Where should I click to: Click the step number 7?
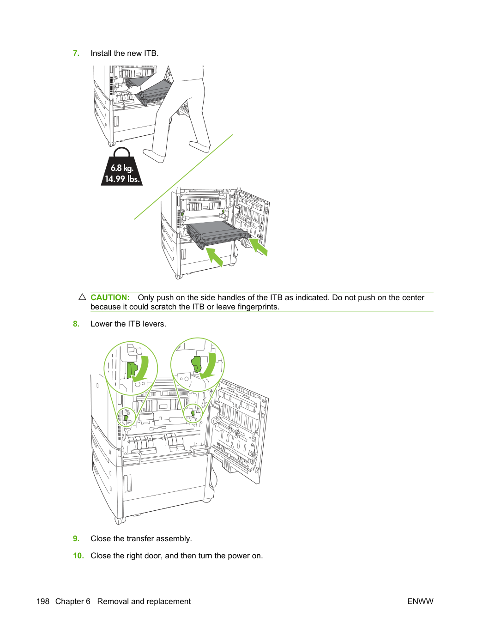point(76,53)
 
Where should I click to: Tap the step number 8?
point(76,324)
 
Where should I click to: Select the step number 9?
point(76,538)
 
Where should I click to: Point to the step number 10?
point(78,556)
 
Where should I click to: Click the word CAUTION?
point(110,297)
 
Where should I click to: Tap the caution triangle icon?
point(82,297)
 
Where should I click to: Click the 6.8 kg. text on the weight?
point(122,168)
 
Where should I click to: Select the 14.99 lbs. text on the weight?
point(122,179)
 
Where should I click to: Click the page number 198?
point(43,601)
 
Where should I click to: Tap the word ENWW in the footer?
point(420,601)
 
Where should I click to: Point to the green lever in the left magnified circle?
point(132,370)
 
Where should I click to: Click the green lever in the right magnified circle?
point(196,364)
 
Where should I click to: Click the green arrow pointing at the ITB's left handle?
point(214,257)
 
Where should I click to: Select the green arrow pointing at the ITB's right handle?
point(258,247)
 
